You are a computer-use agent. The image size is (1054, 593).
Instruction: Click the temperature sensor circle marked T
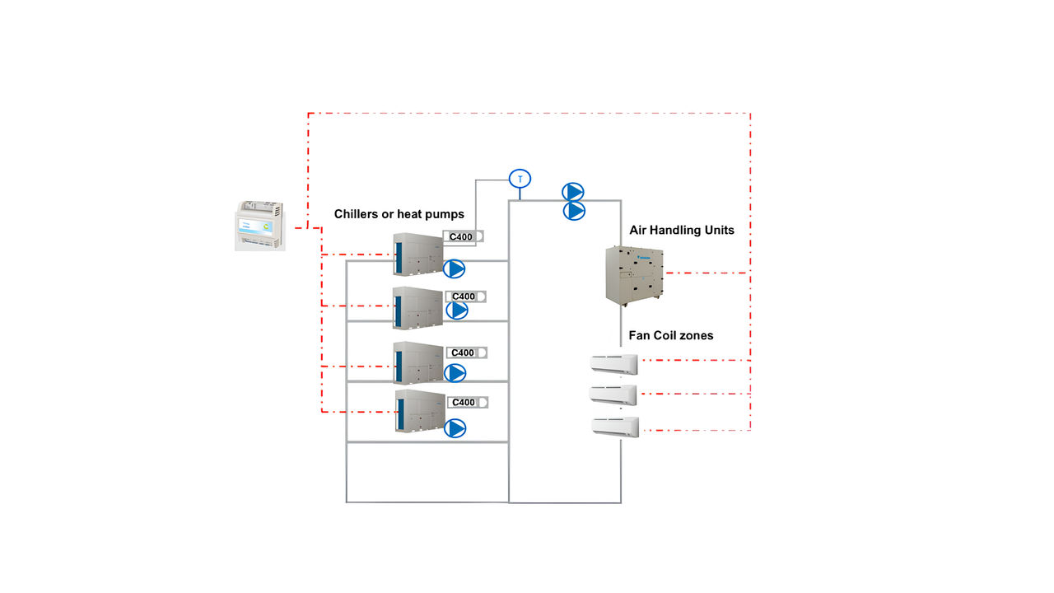coord(520,179)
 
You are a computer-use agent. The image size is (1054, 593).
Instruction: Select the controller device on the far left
coord(259,224)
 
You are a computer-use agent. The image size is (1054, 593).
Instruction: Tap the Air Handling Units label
coord(681,231)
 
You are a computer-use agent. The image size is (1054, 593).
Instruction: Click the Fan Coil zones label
coord(670,335)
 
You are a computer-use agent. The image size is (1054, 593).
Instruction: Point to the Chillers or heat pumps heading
coord(399,214)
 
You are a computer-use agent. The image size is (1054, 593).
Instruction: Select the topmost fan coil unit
coord(613,363)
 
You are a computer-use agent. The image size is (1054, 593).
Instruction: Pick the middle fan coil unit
coord(613,395)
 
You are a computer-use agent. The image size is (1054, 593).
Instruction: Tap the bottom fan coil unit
coord(614,427)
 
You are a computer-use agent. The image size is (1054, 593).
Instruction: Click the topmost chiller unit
coord(417,254)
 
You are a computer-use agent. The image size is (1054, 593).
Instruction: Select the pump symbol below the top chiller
coord(455,268)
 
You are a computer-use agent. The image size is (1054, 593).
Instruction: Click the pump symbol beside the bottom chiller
coord(455,428)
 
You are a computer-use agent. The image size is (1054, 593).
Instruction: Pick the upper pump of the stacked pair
coord(573,192)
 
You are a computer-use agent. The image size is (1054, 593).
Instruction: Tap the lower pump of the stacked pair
coord(574,211)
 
